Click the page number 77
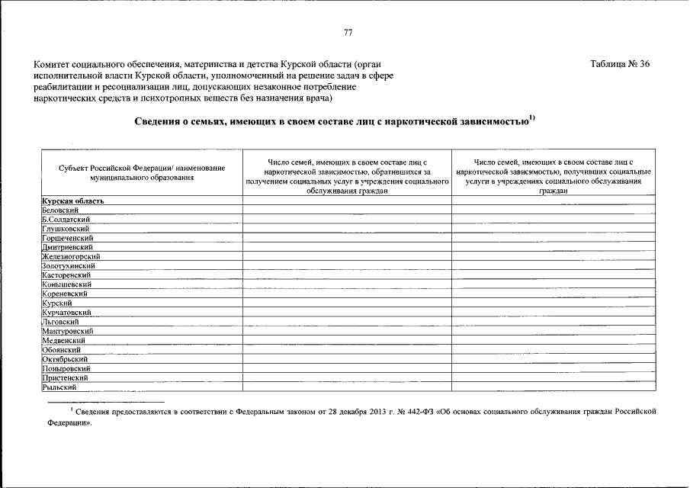coord(348,32)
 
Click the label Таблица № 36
coord(620,63)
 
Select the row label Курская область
coord(72,201)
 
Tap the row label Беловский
coord(61,210)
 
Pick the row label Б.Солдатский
coord(67,220)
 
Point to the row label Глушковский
coord(66,229)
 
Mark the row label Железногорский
coord(71,257)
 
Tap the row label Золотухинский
coord(70,266)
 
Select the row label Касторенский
coord(67,275)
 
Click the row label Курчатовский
coord(67,313)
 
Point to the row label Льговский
coord(61,322)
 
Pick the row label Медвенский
coord(64,340)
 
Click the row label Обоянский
coord(62,349)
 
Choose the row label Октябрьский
coord(65,359)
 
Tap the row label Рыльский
coord(59,387)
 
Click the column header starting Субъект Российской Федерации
coord(141,172)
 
